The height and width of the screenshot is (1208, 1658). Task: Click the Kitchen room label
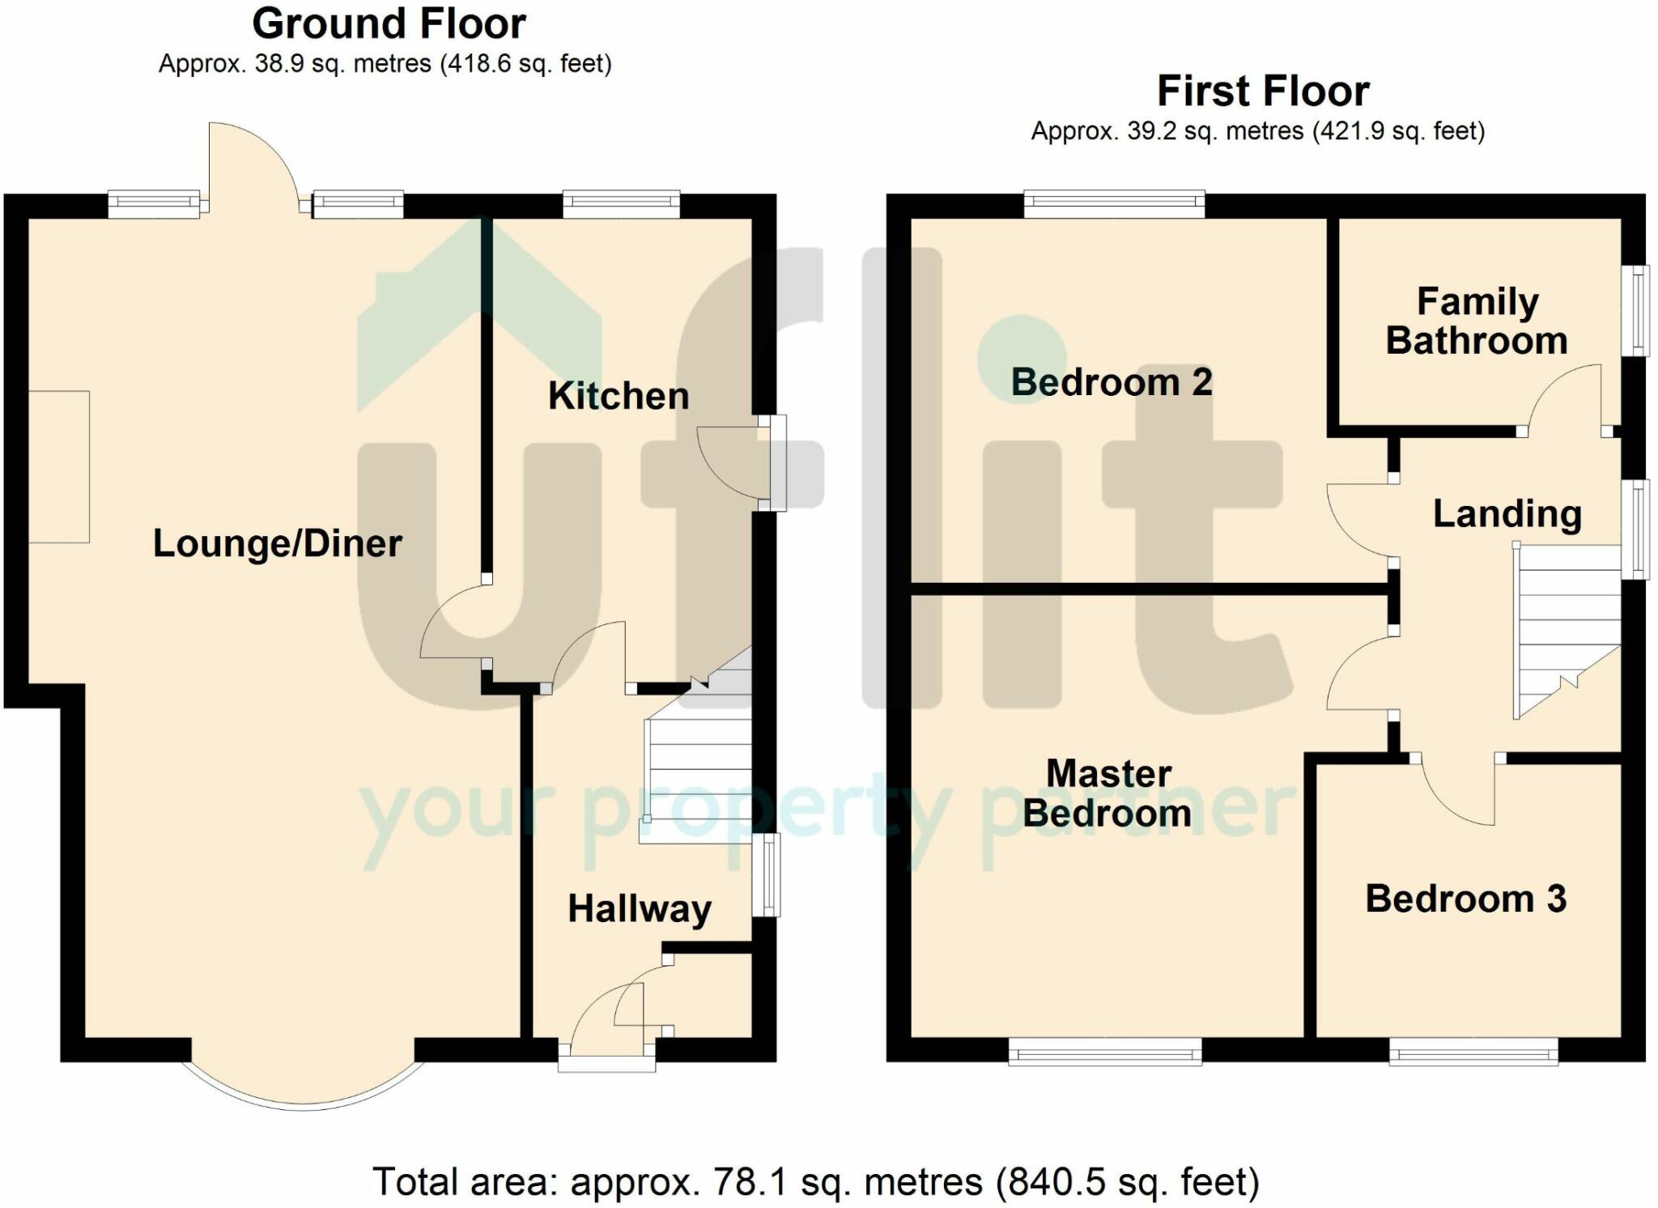pos(619,396)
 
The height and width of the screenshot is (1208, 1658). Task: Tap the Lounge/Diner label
pos(278,543)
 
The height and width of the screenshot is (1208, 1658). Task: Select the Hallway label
pos(640,909)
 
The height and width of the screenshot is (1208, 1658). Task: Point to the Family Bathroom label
pos(1477,321)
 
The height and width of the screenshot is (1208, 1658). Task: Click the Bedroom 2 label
pos(1112,382)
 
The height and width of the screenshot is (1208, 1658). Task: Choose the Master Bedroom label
pos(1107,793)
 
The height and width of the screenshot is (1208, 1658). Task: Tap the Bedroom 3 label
pos(1466,899)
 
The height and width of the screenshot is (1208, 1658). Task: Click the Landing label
pos(1507,515)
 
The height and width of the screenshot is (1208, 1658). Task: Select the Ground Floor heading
pos(389,23)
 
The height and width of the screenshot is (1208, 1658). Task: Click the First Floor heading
pos(1263,91)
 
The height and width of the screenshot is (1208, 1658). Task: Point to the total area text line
pos(815,1182)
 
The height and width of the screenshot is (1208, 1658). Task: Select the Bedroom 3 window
pos(1474,1052)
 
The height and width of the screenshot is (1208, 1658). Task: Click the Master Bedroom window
pos(1105,1052)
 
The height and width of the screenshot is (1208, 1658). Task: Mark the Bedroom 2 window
pos(1114,204)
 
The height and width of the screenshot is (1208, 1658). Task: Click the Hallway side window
pos(766,874)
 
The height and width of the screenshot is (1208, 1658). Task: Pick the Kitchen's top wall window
pos(622,204)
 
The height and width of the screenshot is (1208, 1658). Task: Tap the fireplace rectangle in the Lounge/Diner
pos(59,466)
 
